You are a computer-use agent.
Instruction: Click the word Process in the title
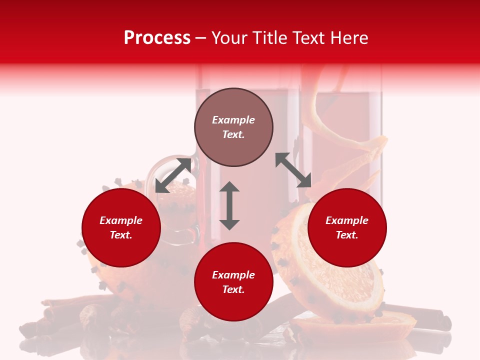pos(157,38)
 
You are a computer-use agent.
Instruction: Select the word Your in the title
pos(230,38)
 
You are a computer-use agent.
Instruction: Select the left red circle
pos(121,228)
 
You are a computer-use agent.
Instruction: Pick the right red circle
pos(347,228)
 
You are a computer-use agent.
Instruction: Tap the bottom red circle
pos(233,282)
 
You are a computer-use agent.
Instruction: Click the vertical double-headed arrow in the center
pos(229,205)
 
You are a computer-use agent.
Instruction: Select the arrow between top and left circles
pos(173,175)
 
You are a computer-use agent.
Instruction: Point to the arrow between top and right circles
pos(293,170)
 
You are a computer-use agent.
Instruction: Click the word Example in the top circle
pos(233,120)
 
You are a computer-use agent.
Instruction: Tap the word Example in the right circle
pos(347,220)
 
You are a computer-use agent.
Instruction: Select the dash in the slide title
pos(200,38)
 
